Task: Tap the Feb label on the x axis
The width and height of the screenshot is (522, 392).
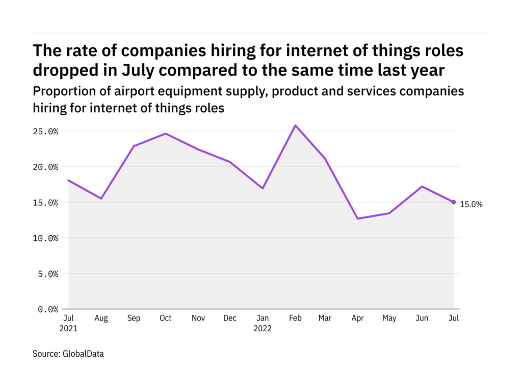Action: [295, 318]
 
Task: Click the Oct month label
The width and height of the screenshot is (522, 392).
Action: [165, 318]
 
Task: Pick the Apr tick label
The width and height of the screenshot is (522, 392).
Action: [358, 318]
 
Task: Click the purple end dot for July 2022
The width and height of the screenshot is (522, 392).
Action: [454, 202]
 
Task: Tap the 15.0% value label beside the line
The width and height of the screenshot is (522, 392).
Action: [471, 204]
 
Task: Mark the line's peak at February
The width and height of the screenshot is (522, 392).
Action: [295, 126]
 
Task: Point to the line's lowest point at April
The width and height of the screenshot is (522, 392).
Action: [358, 218]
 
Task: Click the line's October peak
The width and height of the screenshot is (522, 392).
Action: [165, 134]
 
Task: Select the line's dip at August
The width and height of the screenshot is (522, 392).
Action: [101, 199]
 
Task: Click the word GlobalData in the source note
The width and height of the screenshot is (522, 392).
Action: [83, 353]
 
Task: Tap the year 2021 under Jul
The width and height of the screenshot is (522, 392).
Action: [68, 329]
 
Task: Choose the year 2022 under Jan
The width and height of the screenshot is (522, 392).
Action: [263, 329]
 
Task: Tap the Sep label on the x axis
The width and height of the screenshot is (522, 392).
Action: [133, 318]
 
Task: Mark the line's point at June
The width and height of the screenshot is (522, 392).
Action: [422, 186]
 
